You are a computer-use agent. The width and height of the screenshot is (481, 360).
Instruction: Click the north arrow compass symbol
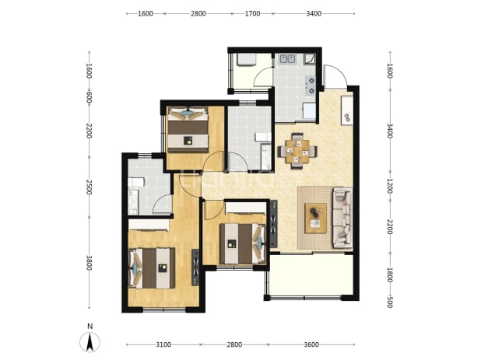[90, 342]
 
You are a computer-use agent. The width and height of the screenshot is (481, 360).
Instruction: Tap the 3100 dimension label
[163, 344]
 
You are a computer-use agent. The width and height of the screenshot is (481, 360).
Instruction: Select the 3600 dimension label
[311, 344]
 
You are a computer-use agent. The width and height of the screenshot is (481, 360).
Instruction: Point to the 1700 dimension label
[252, 13]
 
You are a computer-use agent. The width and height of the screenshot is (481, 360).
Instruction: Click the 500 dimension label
[390, 302]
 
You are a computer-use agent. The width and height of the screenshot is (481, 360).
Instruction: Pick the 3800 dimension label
[89, 263]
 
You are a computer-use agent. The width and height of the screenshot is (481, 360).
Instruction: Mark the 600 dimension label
[89, 97]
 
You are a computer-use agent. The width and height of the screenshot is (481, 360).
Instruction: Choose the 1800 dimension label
[390, 274]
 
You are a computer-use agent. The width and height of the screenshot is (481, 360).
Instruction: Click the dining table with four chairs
[297, 151]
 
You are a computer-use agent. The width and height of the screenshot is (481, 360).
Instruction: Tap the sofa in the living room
[342, 218]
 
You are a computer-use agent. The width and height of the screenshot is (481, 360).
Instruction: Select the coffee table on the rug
[316, 218]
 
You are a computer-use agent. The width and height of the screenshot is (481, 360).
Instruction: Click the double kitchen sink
[287, 58]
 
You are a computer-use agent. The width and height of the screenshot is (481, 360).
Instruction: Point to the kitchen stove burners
[311, 86]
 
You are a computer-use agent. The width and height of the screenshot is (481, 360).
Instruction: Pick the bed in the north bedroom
[188, 129]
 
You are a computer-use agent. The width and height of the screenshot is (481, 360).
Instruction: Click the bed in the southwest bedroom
[151, 268]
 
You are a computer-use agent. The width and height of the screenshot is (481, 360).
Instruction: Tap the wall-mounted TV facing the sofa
[273, 224]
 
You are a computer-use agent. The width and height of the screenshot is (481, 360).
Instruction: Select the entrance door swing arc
[336, 75]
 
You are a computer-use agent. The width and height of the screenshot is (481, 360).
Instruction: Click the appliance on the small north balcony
[245, 60]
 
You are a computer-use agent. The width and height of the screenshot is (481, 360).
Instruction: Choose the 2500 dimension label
[89, 187]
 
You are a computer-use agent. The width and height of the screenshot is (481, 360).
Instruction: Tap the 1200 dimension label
[390, 186]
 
